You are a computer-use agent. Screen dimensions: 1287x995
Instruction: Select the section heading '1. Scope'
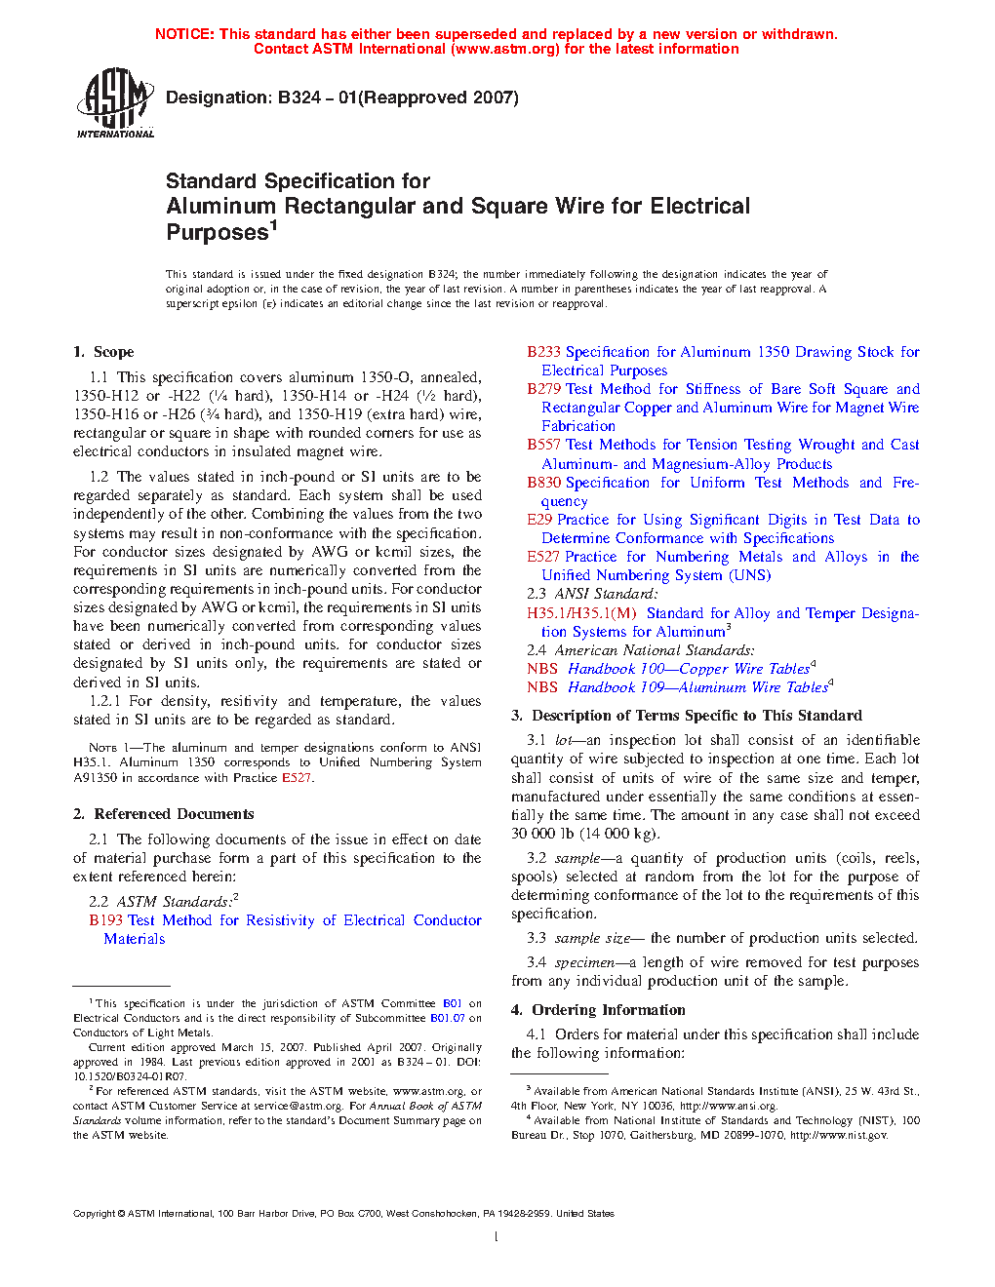tap(103, 352)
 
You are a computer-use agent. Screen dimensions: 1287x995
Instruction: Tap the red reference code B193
tap(105, 920)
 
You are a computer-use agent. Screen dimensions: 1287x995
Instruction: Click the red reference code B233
tap(543, 352)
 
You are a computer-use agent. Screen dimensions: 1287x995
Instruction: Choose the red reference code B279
tap(543, 389)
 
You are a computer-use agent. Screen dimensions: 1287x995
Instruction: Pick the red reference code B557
tap(543, 445)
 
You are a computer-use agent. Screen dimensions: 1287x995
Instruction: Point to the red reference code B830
tap(543, 483)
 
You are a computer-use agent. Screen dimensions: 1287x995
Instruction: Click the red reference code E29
tap(539, 520)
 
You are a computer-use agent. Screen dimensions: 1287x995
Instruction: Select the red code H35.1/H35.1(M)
tap(581, 613)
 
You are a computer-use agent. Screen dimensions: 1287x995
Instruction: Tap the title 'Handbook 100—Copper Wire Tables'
tap(689, 669)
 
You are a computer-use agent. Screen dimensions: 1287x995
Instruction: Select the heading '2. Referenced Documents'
tap(163, 814)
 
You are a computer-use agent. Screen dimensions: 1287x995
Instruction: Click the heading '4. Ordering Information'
tap(598, 1010)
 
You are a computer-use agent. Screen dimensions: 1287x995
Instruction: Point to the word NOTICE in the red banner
tap(184, 34)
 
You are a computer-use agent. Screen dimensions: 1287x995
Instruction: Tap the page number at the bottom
tap(497, 1237)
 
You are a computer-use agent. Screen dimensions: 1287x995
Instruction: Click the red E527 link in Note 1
tap(297, 778)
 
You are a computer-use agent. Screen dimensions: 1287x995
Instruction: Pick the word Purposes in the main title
tap(217, 233)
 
